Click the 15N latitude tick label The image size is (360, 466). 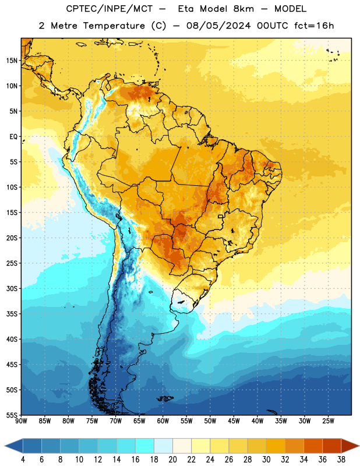[12, 61]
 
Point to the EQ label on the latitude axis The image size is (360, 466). [13, 137]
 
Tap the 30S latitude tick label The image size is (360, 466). [12, 288]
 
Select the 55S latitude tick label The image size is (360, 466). [12, 415]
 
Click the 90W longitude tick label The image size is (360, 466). [21, 421]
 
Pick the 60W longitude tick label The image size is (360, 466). [163, 421]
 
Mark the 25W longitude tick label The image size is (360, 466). [328, 421]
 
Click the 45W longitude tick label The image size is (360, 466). [234, 421]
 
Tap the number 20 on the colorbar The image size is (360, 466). [172, 460]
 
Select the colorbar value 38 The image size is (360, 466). [341, 460]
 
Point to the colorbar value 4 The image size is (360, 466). [23, 460]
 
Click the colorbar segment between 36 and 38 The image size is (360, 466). [332, 446]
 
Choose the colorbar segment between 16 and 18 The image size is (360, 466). [145, 446]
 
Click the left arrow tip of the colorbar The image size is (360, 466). [5, 446]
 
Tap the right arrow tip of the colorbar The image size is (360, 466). [359, 446]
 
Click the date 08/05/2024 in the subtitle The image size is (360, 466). [218, 26]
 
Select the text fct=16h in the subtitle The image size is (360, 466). [314, 26]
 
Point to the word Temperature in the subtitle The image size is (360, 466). [114, 26]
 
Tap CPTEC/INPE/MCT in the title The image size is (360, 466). [110, 9]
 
